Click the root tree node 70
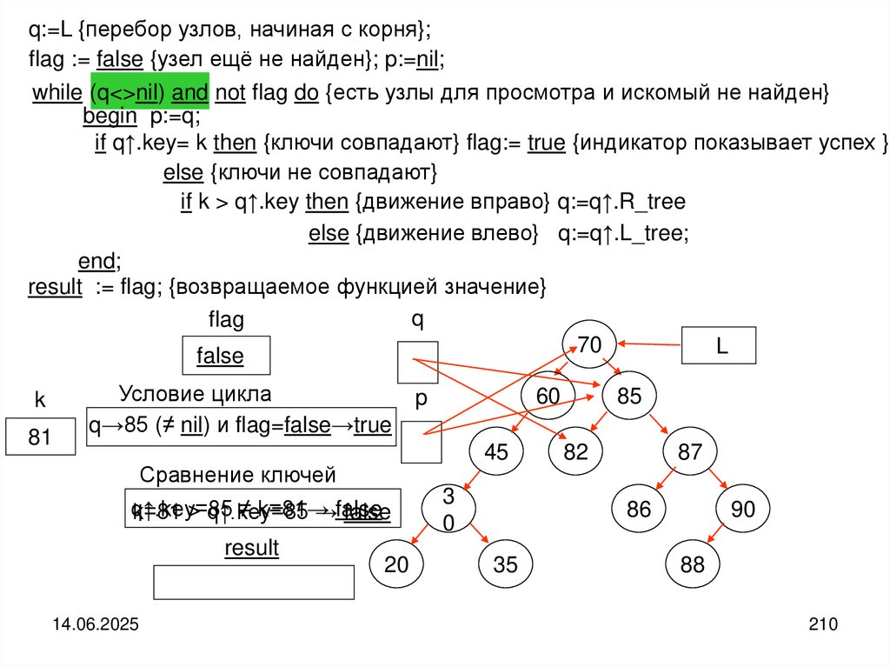pos(589,345)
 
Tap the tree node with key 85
pos(629,397)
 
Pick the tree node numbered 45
pos(496,452)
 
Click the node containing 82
pos(575,452)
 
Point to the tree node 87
pos(689,452)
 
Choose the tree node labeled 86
pos(638,509)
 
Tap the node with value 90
pos(743,509)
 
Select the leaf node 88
pos(693,564)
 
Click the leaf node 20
pos(396,564)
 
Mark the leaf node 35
pos(505,564)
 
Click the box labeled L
pos(721,345)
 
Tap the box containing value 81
pos(40,437)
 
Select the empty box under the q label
pos(417,363)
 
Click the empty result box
pos(254,582)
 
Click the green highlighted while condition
pos(145,93)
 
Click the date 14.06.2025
pos(94,624)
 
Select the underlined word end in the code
pos(96,261)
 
